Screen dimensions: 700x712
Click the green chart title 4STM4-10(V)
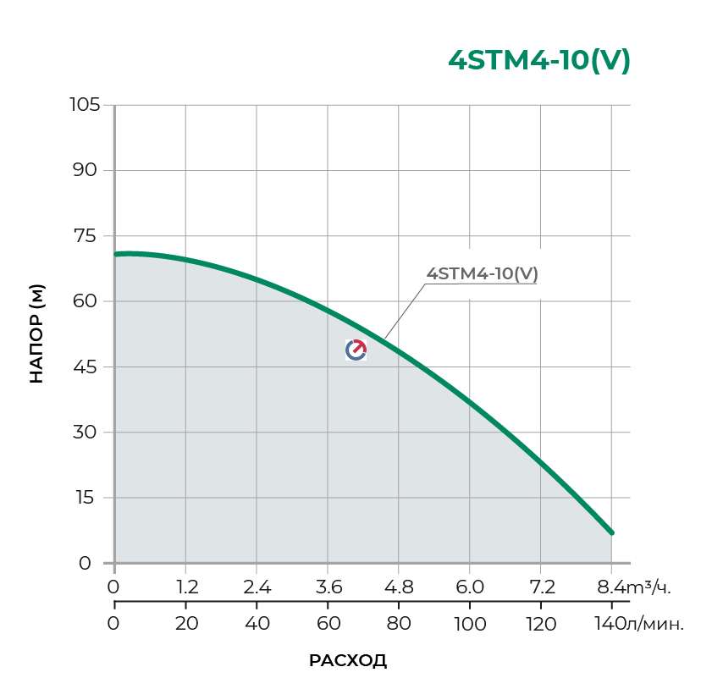point(539,61)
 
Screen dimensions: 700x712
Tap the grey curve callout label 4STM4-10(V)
point(483,274)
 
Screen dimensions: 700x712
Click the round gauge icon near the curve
point(356,350)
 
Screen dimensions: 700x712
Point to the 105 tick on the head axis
point(85,105)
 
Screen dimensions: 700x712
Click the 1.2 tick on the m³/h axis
point(186,587)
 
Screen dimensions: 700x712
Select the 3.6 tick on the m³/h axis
point(328,587)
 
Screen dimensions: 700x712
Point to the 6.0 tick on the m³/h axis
point(470,587)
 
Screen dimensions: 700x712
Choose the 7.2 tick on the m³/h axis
point(541,587)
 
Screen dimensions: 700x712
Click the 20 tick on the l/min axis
point(186,624)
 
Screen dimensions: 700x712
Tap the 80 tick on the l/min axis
point(399,624)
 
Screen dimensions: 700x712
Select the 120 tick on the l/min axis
point(541,624)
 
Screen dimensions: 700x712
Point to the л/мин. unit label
point(654,624)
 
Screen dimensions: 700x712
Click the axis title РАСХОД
point(348,661)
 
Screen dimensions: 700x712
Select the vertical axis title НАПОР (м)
point(36,333)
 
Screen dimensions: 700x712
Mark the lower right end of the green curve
point(611,532)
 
